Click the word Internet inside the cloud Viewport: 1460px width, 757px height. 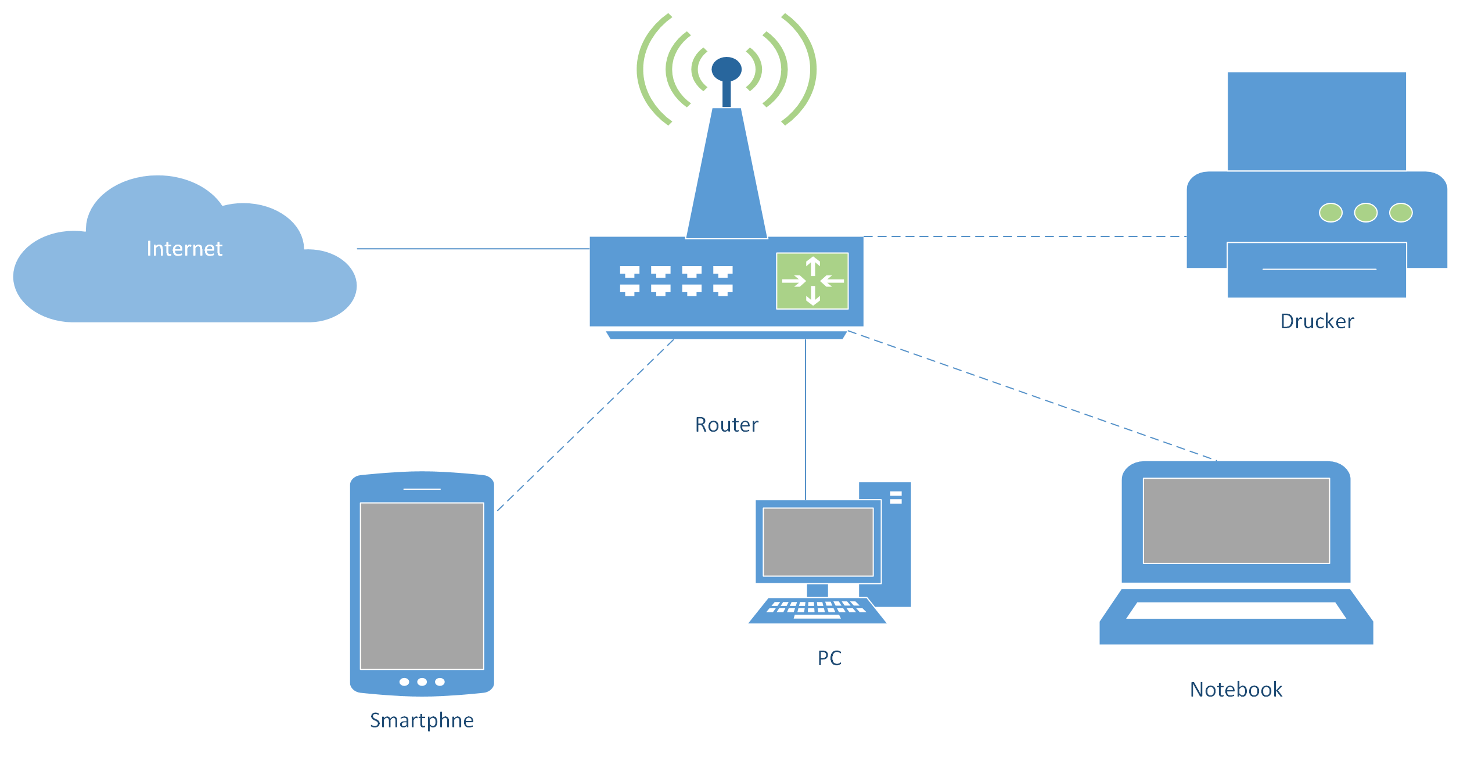pyautogui.click(x=184, y=249)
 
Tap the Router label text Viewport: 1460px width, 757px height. pyautogui.click(x=727, y=425)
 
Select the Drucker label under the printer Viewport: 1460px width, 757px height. pyautogui.click(x=1317, y=321)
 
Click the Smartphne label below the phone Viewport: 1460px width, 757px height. pyautogui.click(x=422, y=720)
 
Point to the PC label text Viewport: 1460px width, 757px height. pyautogui.click(x=829, y=658)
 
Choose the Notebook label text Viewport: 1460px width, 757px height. pyautogui.click(x=1236, y=690)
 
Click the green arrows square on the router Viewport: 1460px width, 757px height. pyautogui.click(x=812, y=281)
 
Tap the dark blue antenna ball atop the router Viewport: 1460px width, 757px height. pyautogui.click(x=727, y=69)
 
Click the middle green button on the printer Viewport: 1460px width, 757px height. pyautogui.click(x=1365, y=213)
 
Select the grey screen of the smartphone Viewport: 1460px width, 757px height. pyautogui.click(x=422, y=586)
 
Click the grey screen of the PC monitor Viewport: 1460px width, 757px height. pyautogui.click(x=818, y=542)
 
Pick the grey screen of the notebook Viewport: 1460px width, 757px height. pyautogui.click(x=1236, y=521)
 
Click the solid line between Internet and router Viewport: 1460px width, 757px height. pyautogui.click(x=473, y=249)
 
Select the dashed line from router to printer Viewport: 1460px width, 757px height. pyautogui.click(x=1025, y=236)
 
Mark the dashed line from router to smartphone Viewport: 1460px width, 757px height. pyautogui.click(x=585, y=425)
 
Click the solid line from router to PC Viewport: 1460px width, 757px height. pyautogui.click(x=805, y=418)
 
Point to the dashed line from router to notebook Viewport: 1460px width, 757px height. pyautogui.click(x=1032, y=396)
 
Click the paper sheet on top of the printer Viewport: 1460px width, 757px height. pyautogui.click(x=1317, y=121)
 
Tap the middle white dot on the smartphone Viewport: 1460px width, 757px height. pyautogui.click(x=422, y=682)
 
